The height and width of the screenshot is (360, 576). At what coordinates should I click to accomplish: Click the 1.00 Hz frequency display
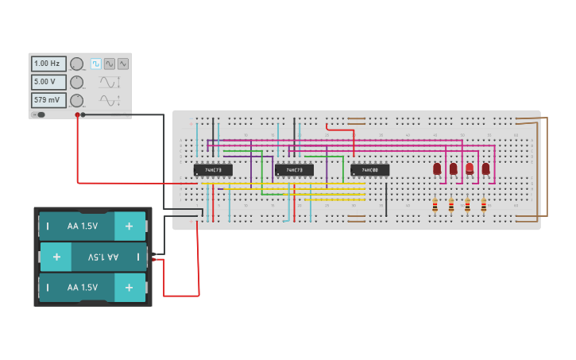click(48, 64)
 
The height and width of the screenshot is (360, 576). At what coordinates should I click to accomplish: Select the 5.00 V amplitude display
click(48, 82)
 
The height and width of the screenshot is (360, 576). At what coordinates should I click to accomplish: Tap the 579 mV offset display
click(48, 100)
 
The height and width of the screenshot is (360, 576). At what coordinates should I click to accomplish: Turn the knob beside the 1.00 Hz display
click(76, 64)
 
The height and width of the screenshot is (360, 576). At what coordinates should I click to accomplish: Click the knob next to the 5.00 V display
click(76, 82)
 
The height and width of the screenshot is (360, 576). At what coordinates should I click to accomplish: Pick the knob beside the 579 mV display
click(76, 100)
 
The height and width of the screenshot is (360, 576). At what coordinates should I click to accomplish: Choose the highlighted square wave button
click(96, 64)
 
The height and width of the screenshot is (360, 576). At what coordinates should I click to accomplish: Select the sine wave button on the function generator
click(110, 64)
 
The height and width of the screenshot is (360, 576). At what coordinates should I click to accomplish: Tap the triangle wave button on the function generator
click(122, 64)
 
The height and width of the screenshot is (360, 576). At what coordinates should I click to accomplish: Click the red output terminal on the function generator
click(77, 115)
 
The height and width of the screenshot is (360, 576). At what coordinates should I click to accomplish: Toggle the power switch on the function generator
click(39, 114)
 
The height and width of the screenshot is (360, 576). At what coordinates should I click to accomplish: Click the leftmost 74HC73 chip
click(213, 170)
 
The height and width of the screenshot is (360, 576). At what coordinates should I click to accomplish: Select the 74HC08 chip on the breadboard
click(370, 170)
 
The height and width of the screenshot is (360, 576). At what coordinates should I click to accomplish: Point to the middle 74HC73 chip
click(294, 170)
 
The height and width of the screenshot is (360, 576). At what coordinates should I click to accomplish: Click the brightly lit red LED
click(470, 168)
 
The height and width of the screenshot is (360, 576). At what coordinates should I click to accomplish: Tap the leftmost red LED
click(437, 168)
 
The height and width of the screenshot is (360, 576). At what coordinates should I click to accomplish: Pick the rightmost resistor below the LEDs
click(483, 205)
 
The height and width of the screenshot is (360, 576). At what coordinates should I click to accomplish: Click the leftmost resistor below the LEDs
click(435, 205)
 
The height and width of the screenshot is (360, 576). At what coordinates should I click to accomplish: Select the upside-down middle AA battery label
click(102, 257)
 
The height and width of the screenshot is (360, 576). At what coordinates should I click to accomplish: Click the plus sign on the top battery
click(129, 226)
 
